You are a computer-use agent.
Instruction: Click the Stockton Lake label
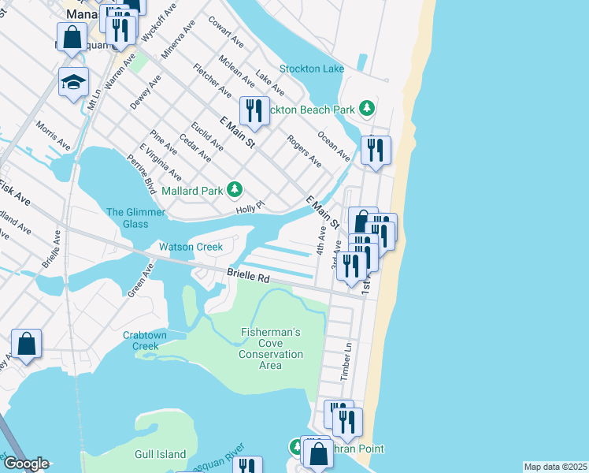[312, 69]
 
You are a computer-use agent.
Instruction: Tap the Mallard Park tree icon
[235, 189]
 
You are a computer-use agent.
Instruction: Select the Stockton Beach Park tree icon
[366, 108]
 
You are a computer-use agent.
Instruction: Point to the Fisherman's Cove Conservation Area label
[271, 348]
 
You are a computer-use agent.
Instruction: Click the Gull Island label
[161, 454]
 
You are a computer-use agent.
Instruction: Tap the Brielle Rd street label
[248, 278]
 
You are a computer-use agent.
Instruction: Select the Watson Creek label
[191, 247]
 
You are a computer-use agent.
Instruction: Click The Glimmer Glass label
[136, 218]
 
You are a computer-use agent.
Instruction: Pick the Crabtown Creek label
[146, 340]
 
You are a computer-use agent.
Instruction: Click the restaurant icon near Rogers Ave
[254, 111]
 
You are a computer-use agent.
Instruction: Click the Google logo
[25, 464]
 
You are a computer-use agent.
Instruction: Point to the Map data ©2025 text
[554, 467]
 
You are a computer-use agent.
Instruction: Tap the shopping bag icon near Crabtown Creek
[26, 344]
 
